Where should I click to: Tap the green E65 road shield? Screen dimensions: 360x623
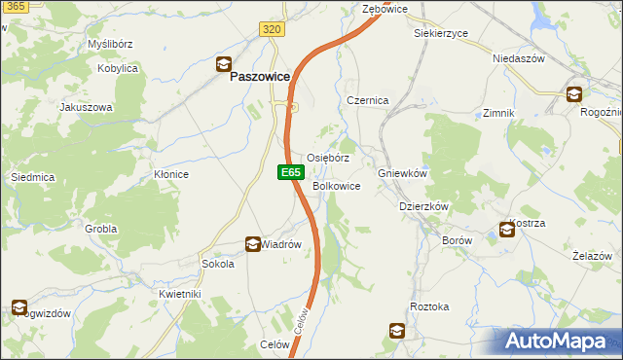[288, 172]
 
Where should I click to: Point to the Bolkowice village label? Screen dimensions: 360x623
[337, 186]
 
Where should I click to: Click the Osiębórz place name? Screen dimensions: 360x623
[328, 158]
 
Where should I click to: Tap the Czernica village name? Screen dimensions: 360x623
[368, 101]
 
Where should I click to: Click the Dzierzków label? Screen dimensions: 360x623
[423, 206]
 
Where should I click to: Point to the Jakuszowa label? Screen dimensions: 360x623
[87, 107]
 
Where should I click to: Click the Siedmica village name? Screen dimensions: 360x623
[31, 177]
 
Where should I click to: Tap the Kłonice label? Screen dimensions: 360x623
[170, 174]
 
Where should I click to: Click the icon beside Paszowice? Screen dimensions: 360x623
[223, 66]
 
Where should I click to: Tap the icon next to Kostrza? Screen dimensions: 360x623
[507, 230]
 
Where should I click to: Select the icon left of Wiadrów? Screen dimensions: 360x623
[251, 244]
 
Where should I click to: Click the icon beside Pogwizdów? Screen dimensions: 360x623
[19, 307]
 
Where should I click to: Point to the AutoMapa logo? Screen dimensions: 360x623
[558, 342]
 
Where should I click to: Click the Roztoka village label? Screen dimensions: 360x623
[429, 306]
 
